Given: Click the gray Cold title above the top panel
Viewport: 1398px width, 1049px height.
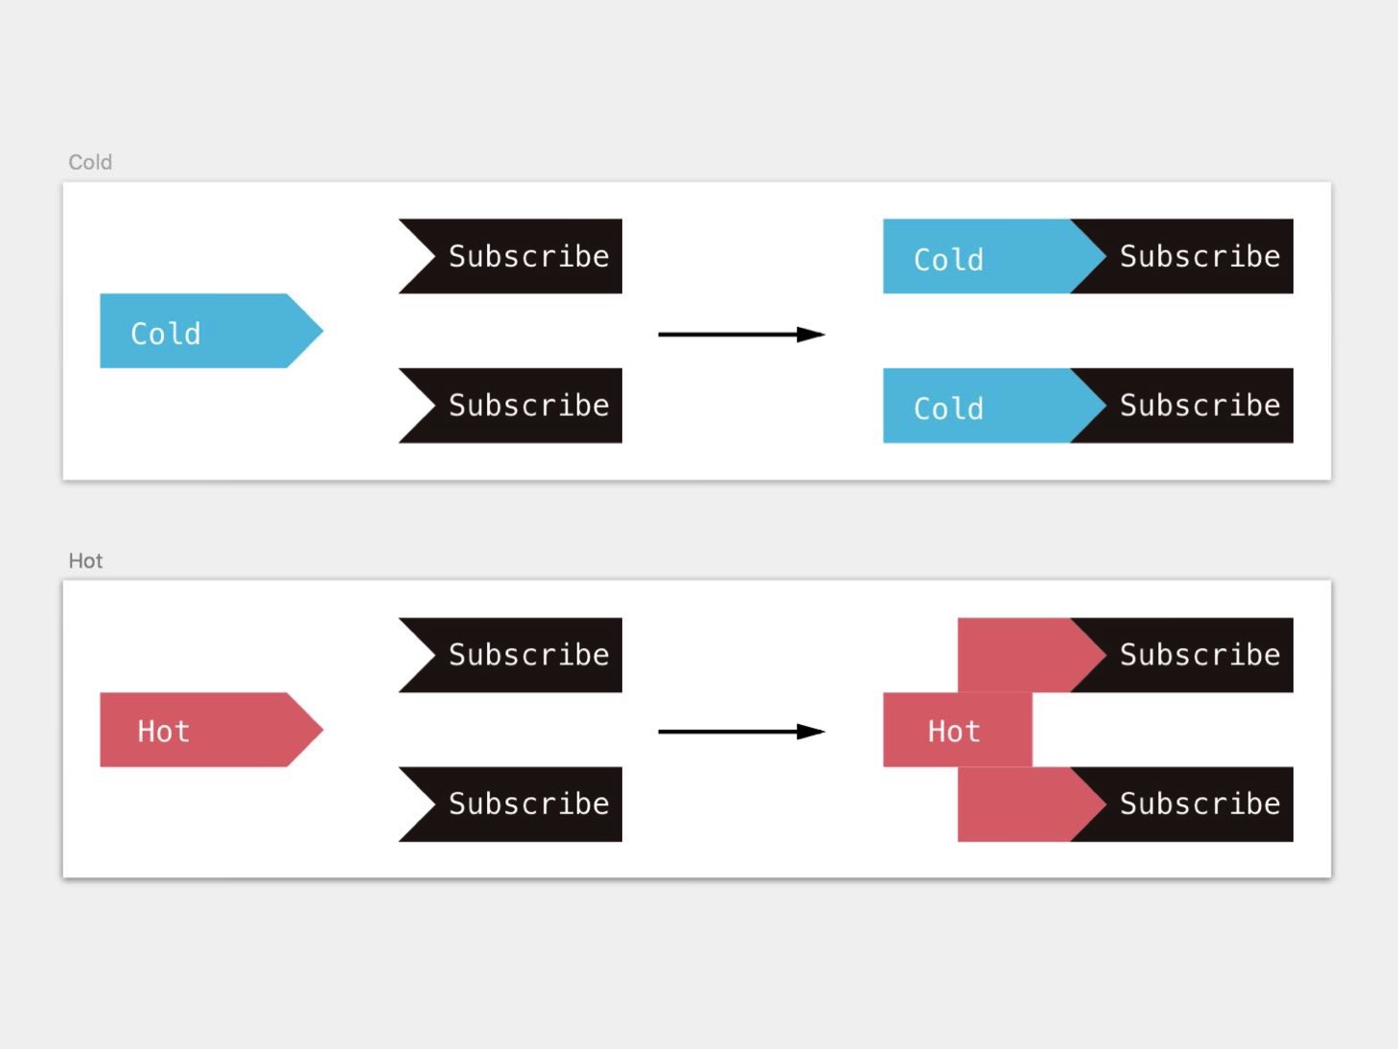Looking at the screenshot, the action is tap(90, 162).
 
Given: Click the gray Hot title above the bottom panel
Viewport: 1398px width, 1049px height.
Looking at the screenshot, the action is tap(85, 561).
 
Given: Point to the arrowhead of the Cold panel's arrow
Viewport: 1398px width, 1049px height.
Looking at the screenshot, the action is tap(811, 335).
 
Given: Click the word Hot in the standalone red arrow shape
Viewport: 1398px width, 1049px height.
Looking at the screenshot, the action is tap(164, 731).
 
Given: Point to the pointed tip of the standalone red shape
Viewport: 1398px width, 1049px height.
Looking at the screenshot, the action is tap(323, 730).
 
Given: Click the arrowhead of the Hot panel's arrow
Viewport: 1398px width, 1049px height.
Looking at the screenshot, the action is tap(811, 732).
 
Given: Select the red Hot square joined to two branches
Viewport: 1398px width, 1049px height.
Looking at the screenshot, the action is tap(957, 730).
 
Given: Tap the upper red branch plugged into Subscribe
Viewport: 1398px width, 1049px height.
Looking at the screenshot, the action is tap(1025, 655).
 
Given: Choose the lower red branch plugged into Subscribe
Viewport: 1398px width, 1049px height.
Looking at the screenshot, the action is tap(1025, 804).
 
